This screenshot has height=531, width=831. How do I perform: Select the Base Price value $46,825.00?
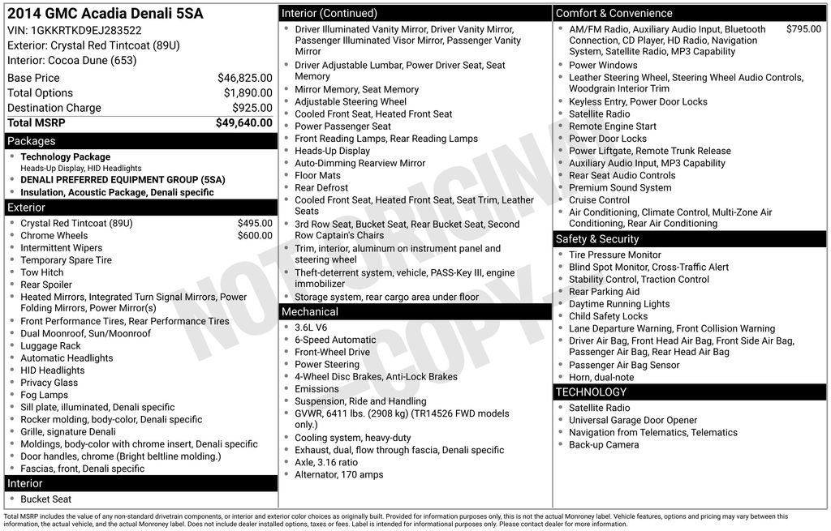[244, 79]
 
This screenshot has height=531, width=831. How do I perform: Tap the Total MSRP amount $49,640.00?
[243, 123]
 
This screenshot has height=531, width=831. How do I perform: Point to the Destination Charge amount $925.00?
[252, 108]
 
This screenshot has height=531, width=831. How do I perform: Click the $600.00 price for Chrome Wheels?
[255, 236]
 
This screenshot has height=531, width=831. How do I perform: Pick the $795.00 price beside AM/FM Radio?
[803, 29]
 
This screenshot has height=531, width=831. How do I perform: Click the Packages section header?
[32, 141]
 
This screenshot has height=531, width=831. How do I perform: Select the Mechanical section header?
[310, 312]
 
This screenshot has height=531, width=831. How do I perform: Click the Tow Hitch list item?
[42, 272]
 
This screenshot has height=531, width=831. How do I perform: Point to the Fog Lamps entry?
[45, 395]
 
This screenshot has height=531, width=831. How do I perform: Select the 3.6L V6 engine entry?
[311, 328]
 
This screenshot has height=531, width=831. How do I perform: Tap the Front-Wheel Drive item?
[332, 353]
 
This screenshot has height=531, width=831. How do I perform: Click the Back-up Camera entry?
[604, 445]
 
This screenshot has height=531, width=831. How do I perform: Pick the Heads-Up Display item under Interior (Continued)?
[332, 151]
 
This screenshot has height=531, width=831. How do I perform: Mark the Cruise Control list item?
[599, 200]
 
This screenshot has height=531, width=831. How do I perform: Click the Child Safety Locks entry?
[608, 316]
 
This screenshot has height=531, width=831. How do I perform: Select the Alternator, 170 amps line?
[338, 475]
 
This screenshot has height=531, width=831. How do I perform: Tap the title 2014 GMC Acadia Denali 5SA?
[105, 14]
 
